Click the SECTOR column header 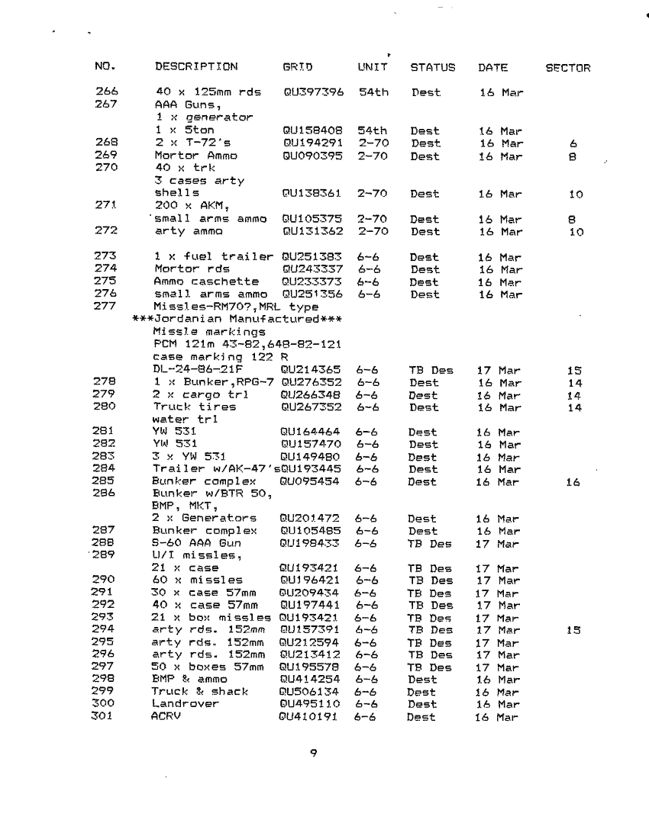[x=567, y=67]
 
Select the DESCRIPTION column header [x=196, y=66]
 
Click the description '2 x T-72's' [x=186, y=143]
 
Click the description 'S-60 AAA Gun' [x=191, y=544]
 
